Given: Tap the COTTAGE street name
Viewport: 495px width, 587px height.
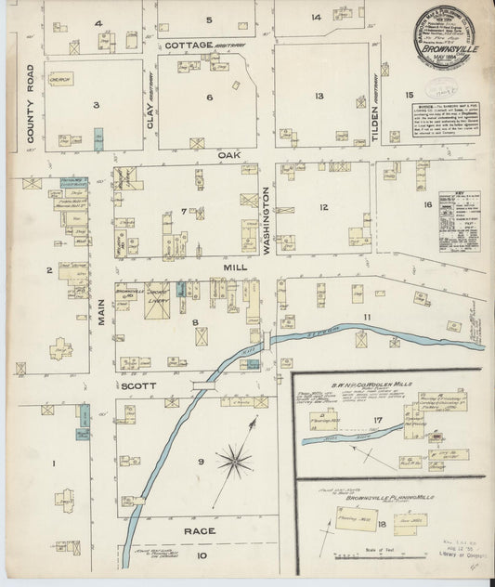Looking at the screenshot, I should click(x=190, y=45).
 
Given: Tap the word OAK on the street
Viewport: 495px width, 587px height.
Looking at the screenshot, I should click(x=229, y=155).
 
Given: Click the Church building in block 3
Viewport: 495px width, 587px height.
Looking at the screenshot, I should click(x=61, y=79).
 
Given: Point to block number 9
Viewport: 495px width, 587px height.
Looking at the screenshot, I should click(x=200, y=462).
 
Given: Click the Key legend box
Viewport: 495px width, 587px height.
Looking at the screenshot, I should click(x=459, y=223).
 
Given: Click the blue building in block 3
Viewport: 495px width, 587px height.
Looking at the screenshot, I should click(x=98, y=140).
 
